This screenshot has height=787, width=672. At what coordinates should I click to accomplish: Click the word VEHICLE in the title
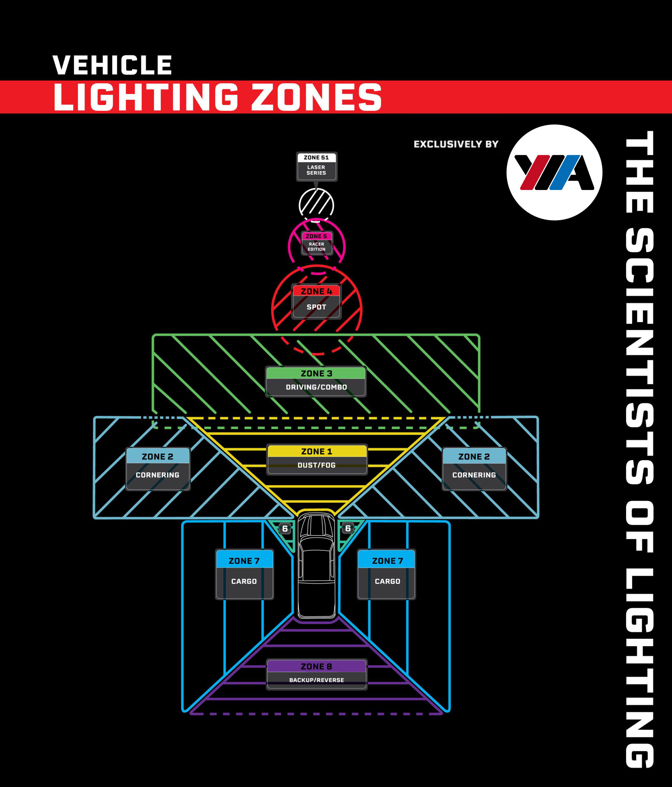click(x=112, y=65)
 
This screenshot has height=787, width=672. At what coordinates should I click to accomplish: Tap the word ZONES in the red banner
click(x=316, y=98)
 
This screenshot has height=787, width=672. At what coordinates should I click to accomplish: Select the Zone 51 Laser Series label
click(x=316, y=166)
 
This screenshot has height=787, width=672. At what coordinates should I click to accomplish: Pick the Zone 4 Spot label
click(x=316, y=301)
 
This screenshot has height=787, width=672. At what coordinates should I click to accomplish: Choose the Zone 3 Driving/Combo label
click(x=316, y=381)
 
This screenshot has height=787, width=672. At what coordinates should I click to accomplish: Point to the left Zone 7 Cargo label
click(x=244, y=574)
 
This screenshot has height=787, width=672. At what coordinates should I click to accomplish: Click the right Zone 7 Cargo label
click(x=387, y=574)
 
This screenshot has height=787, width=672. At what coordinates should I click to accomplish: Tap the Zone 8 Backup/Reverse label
click(x=316, y=674)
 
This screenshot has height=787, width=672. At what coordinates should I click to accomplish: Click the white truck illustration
click(x=316, y=566)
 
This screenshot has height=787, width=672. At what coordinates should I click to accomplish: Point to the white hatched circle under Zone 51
click(x=316, y=205)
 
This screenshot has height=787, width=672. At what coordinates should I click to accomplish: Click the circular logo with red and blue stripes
click(x=554, y=172)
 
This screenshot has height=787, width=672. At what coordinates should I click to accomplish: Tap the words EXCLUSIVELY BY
click(x=456, y=144)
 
